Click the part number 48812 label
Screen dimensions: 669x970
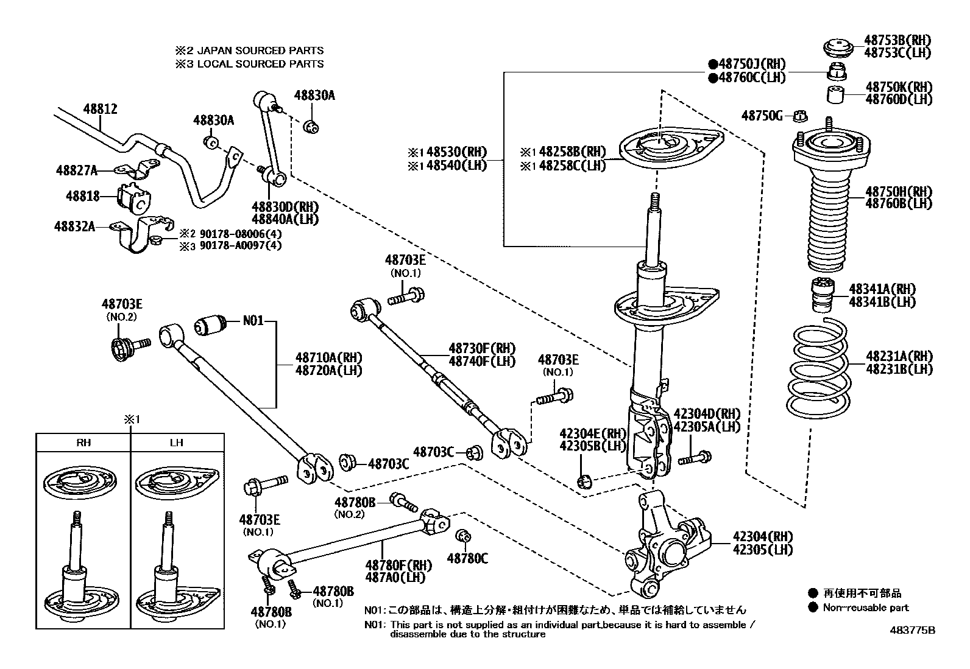[100, 110]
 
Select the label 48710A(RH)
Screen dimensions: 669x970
[328, 357]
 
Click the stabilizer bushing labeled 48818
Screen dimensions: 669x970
[133, 197]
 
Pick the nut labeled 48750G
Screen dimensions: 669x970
[802, 115]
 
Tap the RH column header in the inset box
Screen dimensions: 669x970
[83, 443]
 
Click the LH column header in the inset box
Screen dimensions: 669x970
[176, 443]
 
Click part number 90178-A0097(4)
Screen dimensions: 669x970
[241, 246]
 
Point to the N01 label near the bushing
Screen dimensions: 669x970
[253, 320]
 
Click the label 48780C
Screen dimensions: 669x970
[467, 558]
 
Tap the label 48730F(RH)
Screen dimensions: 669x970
[481, 348]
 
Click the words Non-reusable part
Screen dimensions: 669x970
[865, 607]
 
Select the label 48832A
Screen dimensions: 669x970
[74, 226]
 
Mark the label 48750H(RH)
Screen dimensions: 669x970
[899, 192]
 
